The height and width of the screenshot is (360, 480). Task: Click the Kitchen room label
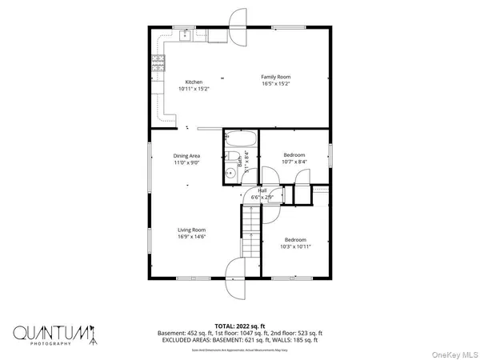tap(194, 82)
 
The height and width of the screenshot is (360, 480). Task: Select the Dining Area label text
tap(186, 155)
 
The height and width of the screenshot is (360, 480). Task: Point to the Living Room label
tap(191, 230)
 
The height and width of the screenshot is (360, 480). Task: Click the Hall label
tap(262, 190)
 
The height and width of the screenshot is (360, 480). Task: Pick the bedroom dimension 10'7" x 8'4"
tap(295, 162)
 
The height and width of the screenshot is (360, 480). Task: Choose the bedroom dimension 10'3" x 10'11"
tap(295, 246)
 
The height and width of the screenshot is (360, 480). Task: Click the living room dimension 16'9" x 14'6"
tap(191, 237)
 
